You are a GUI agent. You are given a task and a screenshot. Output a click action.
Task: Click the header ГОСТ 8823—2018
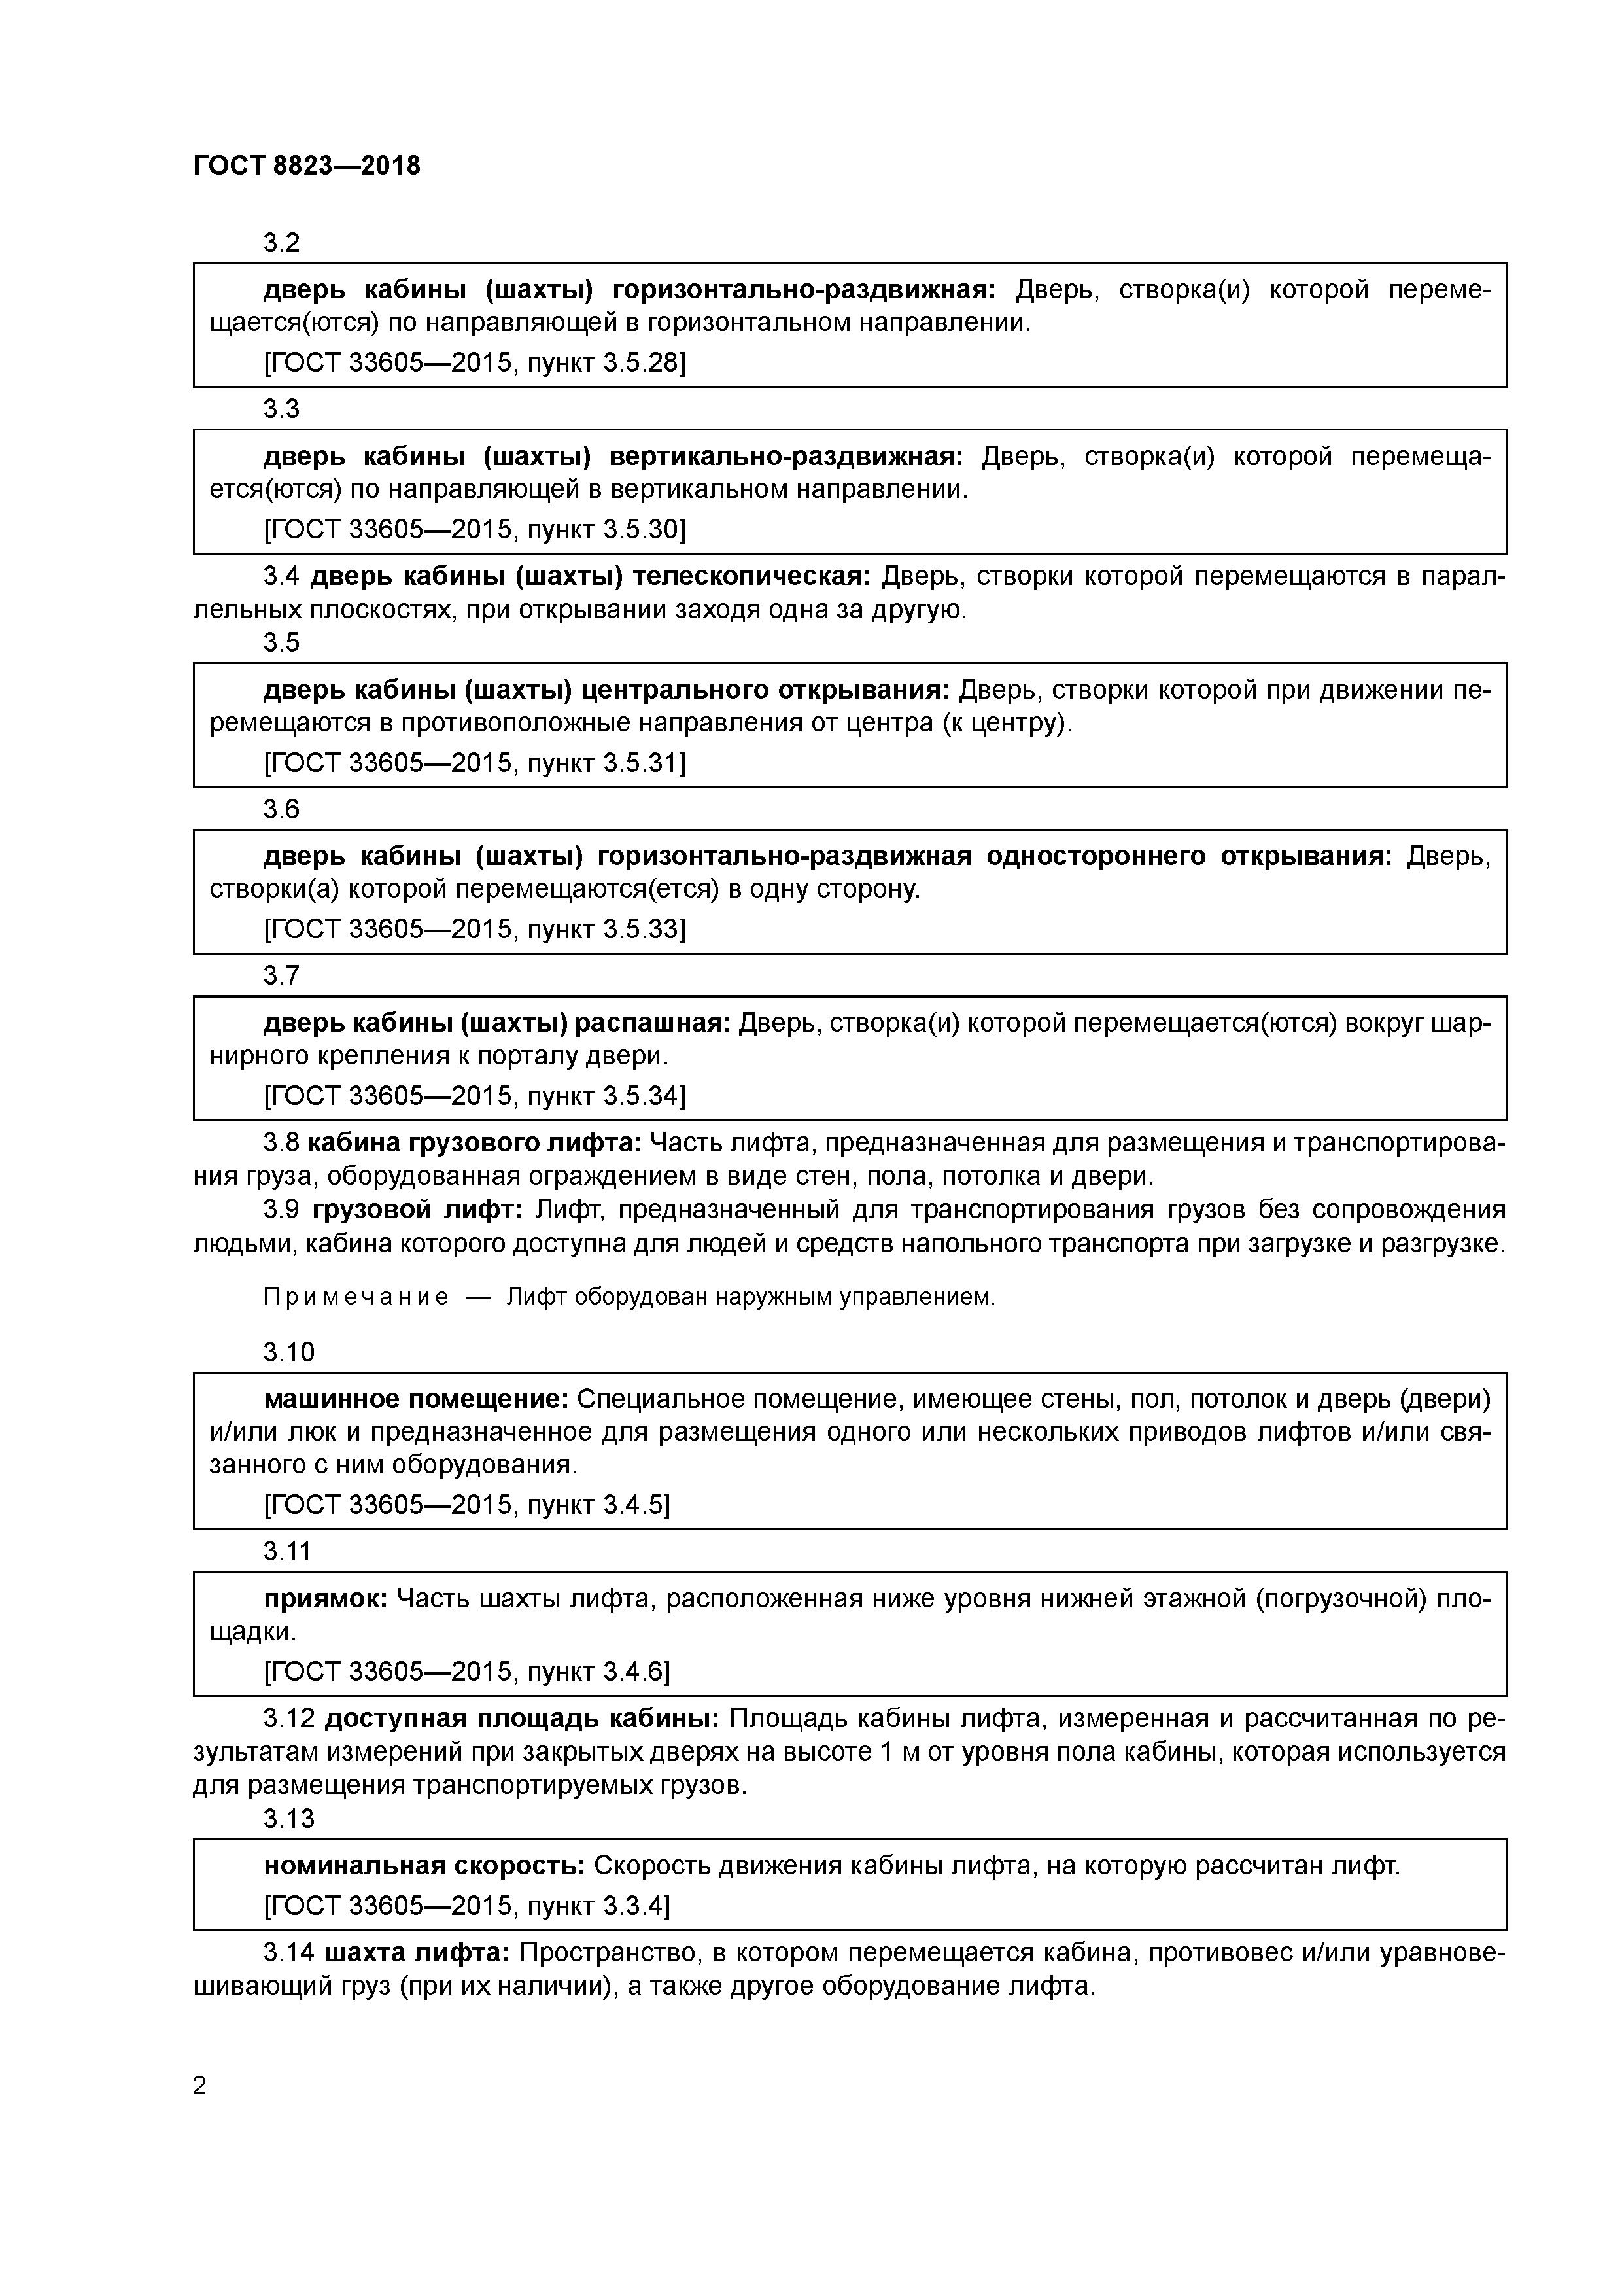(x=306, y=166)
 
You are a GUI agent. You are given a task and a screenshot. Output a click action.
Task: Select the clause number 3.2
(x=281, y=243)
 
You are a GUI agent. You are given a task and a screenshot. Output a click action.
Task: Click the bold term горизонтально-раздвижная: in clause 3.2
(x=804, y=290)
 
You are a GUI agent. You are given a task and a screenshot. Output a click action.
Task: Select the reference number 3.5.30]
(x=645, y=530)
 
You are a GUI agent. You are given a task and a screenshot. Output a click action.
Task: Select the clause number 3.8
(x=281, y=1142)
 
